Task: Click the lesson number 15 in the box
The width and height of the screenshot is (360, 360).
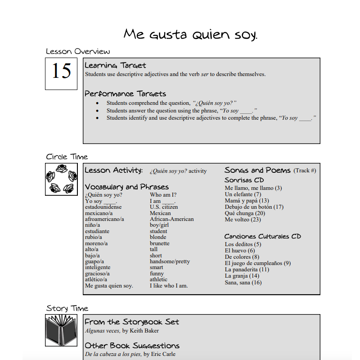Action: tap(61, 71)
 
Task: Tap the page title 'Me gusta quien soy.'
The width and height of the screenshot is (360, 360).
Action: tap(190, 34)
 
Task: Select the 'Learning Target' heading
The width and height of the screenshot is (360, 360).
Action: tap(115, 66)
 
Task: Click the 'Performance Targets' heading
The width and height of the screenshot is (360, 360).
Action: tap(125, 94)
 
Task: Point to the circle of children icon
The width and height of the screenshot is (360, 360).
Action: tap(61, 179)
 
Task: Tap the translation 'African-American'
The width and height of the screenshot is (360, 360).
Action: tap(171, 219)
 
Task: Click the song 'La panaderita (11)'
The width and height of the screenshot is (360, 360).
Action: tap(247, 270)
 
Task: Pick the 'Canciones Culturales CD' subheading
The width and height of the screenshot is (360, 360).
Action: tap(263, 236)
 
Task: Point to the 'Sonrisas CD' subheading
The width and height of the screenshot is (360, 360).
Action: tap(244, 180)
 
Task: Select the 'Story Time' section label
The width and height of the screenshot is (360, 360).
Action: tap(67, 308)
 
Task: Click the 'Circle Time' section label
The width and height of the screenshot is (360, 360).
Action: tap(67, 157)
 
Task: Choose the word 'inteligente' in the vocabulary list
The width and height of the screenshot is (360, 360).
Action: tap(98, 267)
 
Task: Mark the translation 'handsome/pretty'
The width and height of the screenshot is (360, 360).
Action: tap(170, 261)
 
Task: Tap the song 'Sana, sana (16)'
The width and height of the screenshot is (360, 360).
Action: tap(243, 283)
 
